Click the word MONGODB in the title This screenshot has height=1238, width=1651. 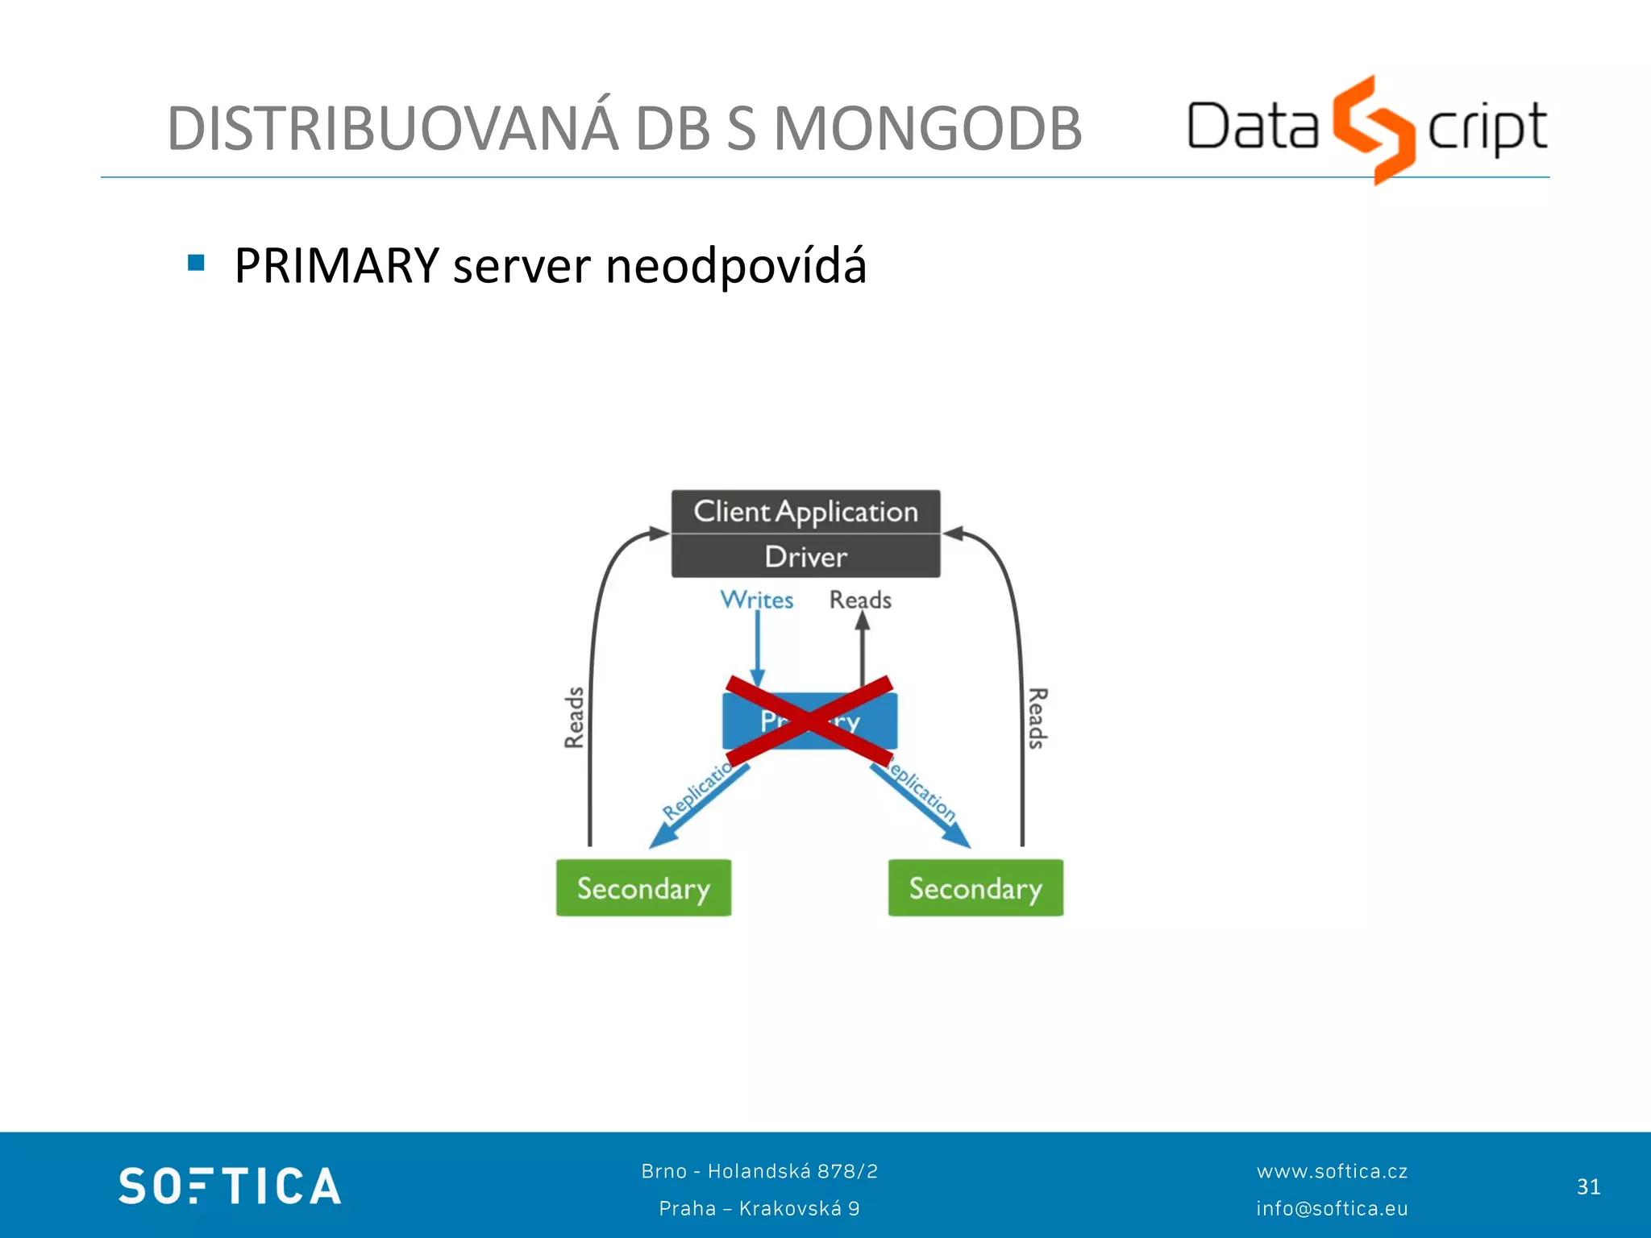(x=927, y=129)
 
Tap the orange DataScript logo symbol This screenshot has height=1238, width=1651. (x=1373, y=129)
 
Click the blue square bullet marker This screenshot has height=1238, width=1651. (x=196, y=263)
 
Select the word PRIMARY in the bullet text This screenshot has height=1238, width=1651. (x=336, y=266)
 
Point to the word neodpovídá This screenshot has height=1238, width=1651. (x=735, y=266)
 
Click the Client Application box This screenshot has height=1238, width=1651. (x=805, y=512)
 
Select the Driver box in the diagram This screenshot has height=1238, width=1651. (x=805, y=557)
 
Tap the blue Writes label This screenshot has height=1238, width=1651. (x=756, y=600)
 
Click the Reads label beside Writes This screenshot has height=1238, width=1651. (x=860, y=600)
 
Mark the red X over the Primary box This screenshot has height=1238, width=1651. (x=809, y=721)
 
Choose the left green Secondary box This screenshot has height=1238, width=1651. (x=643, y=888)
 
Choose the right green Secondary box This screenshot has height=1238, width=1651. (x=975, y=888)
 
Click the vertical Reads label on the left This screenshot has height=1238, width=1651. (x=574, y=717)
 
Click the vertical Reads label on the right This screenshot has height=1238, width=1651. (x=1038, y=717)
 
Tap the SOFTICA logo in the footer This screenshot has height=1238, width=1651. (x=230, y=1186)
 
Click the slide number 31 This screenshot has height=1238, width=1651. (x=1588, y=1186)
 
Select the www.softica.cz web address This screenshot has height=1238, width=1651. (x=1332, y=1171)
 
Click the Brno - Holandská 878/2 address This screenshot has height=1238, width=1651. (x=759, y=1171)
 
